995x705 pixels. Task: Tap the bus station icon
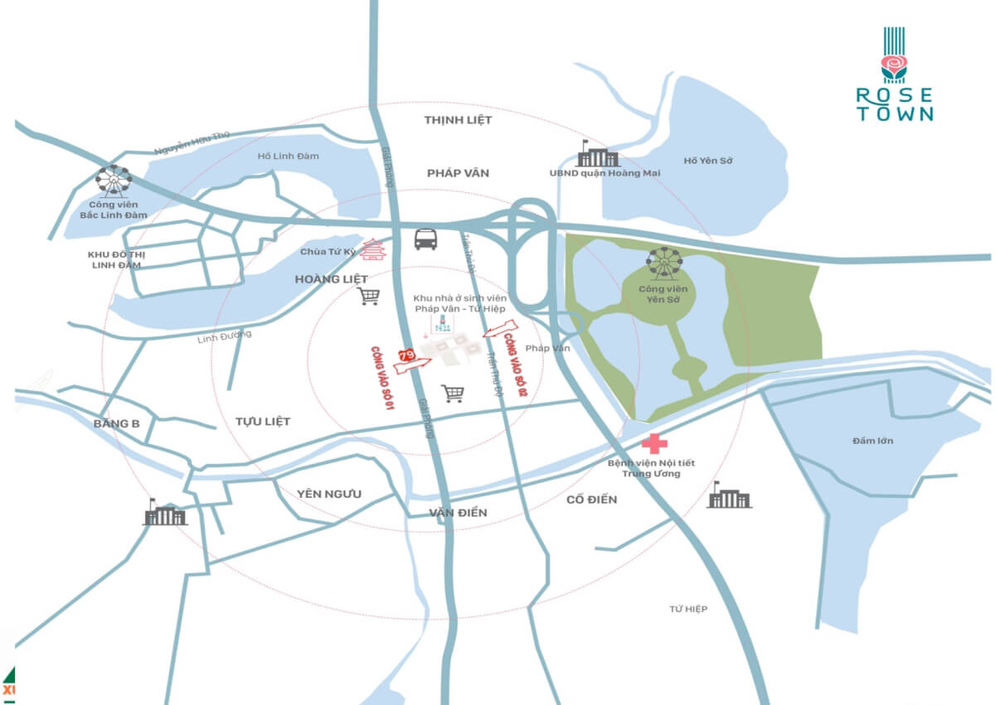pyautogui.click(x=426, y=239)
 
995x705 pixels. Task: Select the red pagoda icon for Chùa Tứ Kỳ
pyautogui.click(x=374, y=249)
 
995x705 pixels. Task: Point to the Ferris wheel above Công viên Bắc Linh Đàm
pyautogui.click(x=113, y=180)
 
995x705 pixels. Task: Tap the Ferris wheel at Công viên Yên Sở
pyautogui.click(x=664, y=263)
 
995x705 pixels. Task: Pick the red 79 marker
pyautogui.click(x=406, y=355)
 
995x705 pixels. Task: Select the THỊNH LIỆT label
pyautogui.click(x=458, y=120)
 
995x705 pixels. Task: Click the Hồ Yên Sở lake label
pyautogui.click(x=708, y=160)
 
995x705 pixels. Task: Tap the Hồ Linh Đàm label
pyautogui.click(x=289, y=156)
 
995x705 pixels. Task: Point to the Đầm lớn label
pyautogui.click(x=872, y=441)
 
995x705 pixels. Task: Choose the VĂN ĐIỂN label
pyautogui.click(x=458, y=513)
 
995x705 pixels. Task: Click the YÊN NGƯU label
pyautogui.click(x=329, y=494)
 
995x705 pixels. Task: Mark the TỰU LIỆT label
pyautogui.click(x=263, y=422)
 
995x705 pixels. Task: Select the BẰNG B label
pyautogui.click(x=117, y=423)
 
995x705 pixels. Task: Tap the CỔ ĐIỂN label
pyautogui.click(x=592, y=500)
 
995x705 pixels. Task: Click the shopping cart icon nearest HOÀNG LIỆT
pyautogui.click(x=368, y=296)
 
